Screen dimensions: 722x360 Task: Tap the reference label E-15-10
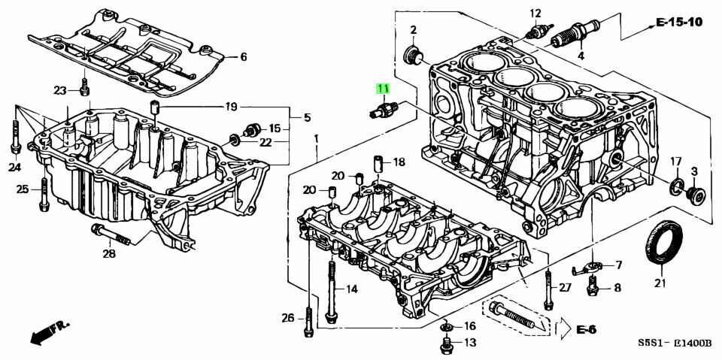coord(679,22)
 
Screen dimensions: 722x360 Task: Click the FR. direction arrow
coord(50,332)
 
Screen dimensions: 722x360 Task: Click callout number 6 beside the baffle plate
coord(244,57)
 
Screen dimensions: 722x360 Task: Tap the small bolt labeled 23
coord(84,87)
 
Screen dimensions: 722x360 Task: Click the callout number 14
coord(352,289)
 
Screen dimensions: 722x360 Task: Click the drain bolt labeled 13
coord(445,344)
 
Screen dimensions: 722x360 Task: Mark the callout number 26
coord(288,318)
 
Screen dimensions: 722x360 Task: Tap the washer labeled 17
coord(676,186)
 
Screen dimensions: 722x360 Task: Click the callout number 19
coord(231,107)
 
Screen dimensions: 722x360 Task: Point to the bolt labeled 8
coord(593,286)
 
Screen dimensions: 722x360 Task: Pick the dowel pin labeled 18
coord(378,164)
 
